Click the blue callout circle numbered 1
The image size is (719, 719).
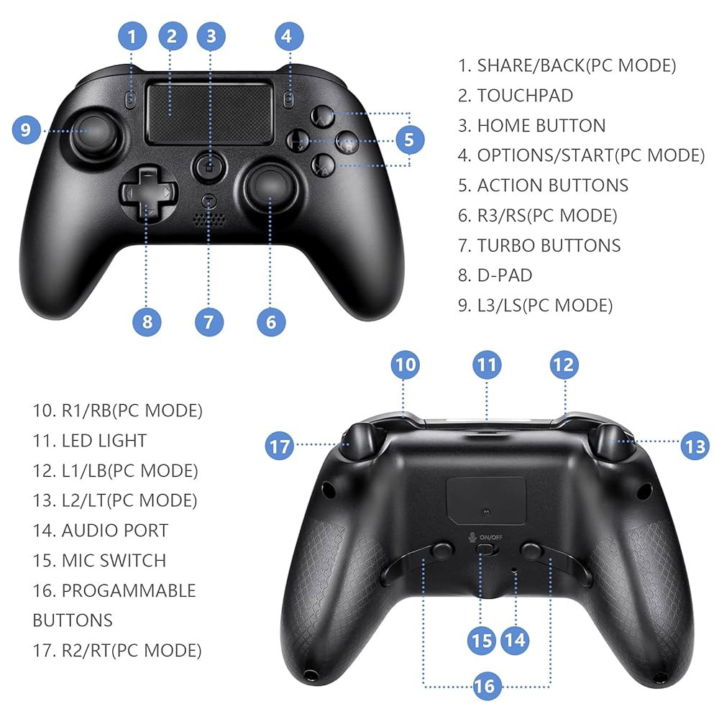(x=132, y=36)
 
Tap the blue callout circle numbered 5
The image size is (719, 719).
(x=409, y=139)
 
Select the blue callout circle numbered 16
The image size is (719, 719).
(x=485, y=686)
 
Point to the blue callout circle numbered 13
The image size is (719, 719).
(x=695, y=446)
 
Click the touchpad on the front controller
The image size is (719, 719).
(x=210, y=113)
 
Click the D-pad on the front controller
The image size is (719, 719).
(x=147, y=192)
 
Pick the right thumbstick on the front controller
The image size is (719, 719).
(x=270, y=184)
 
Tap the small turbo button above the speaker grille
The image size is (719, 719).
(x=209, y=201)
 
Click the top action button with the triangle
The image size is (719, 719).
(x=323, y=116)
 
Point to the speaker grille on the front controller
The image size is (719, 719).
(x=209, y=219)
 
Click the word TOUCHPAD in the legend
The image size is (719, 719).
(x=525, y=96)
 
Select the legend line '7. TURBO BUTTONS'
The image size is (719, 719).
(x=539, y=245)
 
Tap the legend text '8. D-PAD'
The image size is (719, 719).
(x=495, y=275)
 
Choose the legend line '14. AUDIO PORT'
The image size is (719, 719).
(x=101, y=530)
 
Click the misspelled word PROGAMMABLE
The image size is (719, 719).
(x=129, y=590)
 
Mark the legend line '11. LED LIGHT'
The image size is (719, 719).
(x=89, y=440)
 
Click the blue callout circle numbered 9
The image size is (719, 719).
(x=26, y=129)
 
